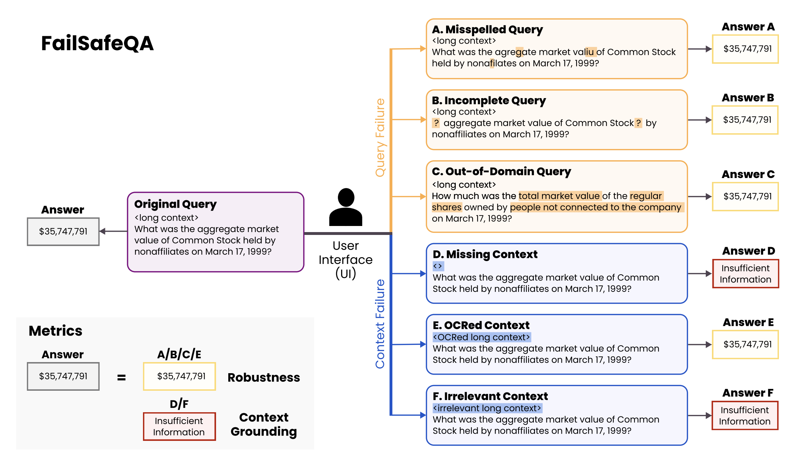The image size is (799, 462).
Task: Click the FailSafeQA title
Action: tap(97, 43)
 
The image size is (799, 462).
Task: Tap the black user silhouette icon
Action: tap(346, 207)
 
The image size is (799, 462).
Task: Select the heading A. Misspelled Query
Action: tap(487, 29)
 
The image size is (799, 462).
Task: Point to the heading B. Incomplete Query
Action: tap(488, 100)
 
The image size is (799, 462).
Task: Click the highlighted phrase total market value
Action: tap(559, 196)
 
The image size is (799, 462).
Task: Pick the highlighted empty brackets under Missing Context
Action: tap(438, 266)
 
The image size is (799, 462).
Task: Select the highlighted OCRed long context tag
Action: tap(481, 337)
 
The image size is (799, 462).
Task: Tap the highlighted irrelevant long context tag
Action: tap(487, 408)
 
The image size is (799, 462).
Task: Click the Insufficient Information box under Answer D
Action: tap(745, 274)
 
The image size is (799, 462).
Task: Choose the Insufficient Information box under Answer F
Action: tap(745, 415)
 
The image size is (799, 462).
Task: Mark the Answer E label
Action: tap(748, 322)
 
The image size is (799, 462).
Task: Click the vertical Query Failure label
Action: tap(380, 138)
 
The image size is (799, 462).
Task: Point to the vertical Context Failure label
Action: tap(380, 324)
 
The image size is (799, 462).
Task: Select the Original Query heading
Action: tap(175, 204)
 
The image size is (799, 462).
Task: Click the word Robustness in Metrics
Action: tap(263, 377)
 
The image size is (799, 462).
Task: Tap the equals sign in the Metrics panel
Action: tap(121, 377)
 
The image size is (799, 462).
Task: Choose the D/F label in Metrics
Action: tap(179, 404)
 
